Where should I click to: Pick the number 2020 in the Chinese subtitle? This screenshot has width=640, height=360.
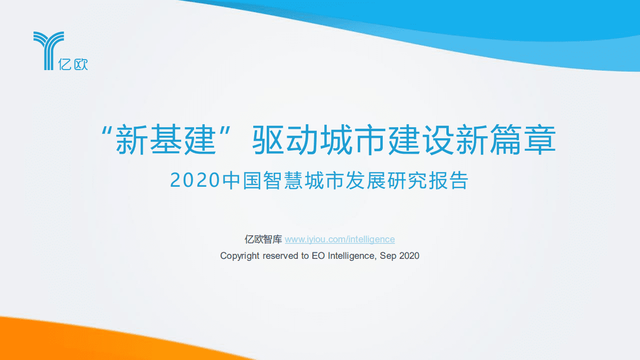point(195,181)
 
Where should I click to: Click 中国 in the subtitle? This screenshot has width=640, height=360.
point(242,181)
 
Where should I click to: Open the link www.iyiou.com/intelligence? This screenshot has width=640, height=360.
point(340,240)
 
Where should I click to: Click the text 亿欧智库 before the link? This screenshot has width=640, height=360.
point(263,240)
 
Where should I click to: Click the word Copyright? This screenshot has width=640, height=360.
point(240,256)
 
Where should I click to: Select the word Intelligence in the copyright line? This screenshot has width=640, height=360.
point(351,256)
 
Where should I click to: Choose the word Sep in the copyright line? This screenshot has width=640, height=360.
point(387,256)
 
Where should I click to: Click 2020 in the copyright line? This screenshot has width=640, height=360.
point(409,256)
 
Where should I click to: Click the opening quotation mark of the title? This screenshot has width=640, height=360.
point(106,131)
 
